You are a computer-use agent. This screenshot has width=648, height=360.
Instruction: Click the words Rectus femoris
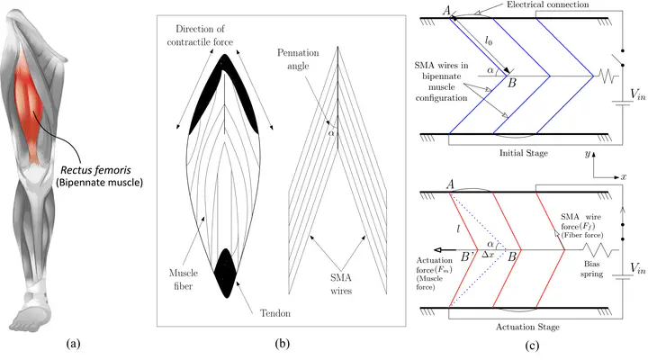(95, 170)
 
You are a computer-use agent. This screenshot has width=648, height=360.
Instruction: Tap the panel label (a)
(73, 343)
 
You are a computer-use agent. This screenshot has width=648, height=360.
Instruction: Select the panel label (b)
(283, 343)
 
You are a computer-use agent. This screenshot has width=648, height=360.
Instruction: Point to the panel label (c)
(532, 345)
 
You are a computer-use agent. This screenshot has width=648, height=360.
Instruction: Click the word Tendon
(275, 313)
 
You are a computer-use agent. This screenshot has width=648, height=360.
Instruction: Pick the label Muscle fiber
(184, 279)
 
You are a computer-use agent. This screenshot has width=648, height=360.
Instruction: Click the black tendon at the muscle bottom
(226, 273)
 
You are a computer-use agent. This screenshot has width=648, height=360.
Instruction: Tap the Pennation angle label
(298, 59)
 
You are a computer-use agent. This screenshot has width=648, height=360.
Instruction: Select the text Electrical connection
(547, 5)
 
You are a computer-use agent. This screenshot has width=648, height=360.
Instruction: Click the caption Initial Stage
(524, 153)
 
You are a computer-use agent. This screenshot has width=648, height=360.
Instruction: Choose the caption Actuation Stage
(527, 327)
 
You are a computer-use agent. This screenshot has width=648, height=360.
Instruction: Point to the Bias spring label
(592, 269)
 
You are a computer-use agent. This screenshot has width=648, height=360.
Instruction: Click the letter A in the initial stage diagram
(446, 10)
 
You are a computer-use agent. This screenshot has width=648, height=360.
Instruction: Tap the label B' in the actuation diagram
(468, 257)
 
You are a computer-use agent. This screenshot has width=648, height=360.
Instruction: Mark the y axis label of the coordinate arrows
(587, 154)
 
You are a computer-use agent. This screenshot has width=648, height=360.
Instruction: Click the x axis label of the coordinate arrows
(623, 177)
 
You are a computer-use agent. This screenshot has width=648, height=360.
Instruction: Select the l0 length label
(489, 40)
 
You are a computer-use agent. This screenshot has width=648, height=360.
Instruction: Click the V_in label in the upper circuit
(638, 94)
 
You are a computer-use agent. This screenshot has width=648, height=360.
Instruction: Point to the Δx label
(488, 255)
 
